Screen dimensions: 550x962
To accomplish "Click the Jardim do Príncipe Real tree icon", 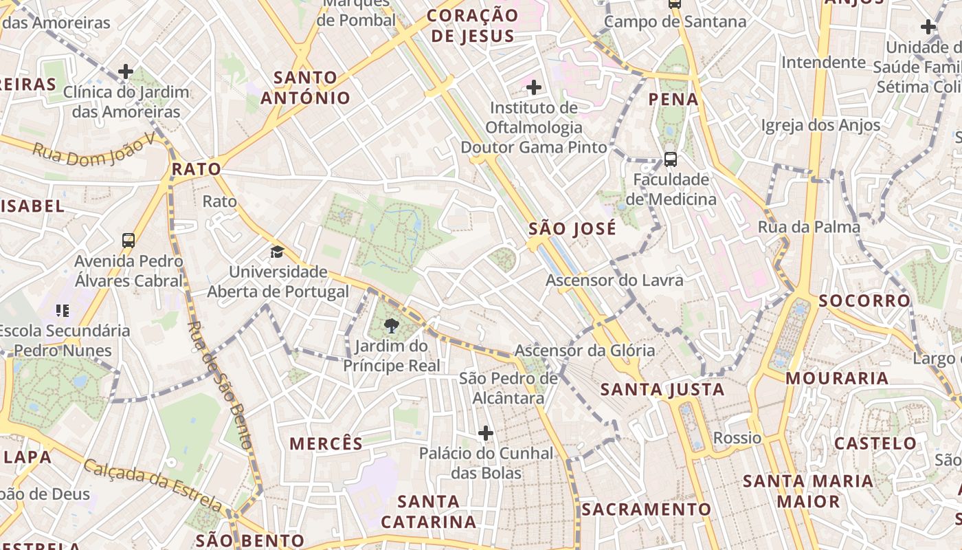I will [392, 326].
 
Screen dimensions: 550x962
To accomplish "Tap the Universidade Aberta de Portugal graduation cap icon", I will [277, 252].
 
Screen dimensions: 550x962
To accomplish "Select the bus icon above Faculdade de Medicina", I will [671, 159].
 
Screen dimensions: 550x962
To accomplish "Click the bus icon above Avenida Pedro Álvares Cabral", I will [128, 241].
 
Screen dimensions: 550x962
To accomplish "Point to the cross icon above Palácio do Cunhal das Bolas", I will [486, 433].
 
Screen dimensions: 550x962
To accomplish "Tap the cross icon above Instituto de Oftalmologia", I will [533, 87].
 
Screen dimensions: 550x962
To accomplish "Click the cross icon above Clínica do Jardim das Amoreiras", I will [126, 71].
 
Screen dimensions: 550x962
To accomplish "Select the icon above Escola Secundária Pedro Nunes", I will [63, 310].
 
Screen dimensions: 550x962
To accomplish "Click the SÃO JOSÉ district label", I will [572, 229].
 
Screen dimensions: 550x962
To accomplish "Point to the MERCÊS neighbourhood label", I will [326, 443].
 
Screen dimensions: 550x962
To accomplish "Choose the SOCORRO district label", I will [864, 300].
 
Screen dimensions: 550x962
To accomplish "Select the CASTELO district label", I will [875, 443].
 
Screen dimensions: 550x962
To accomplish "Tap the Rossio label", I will [737, 438].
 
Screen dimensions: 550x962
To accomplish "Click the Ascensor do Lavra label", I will [614, 280].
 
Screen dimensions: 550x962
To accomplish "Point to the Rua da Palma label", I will [809, 227].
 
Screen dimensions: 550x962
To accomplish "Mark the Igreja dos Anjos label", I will [820, 125].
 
